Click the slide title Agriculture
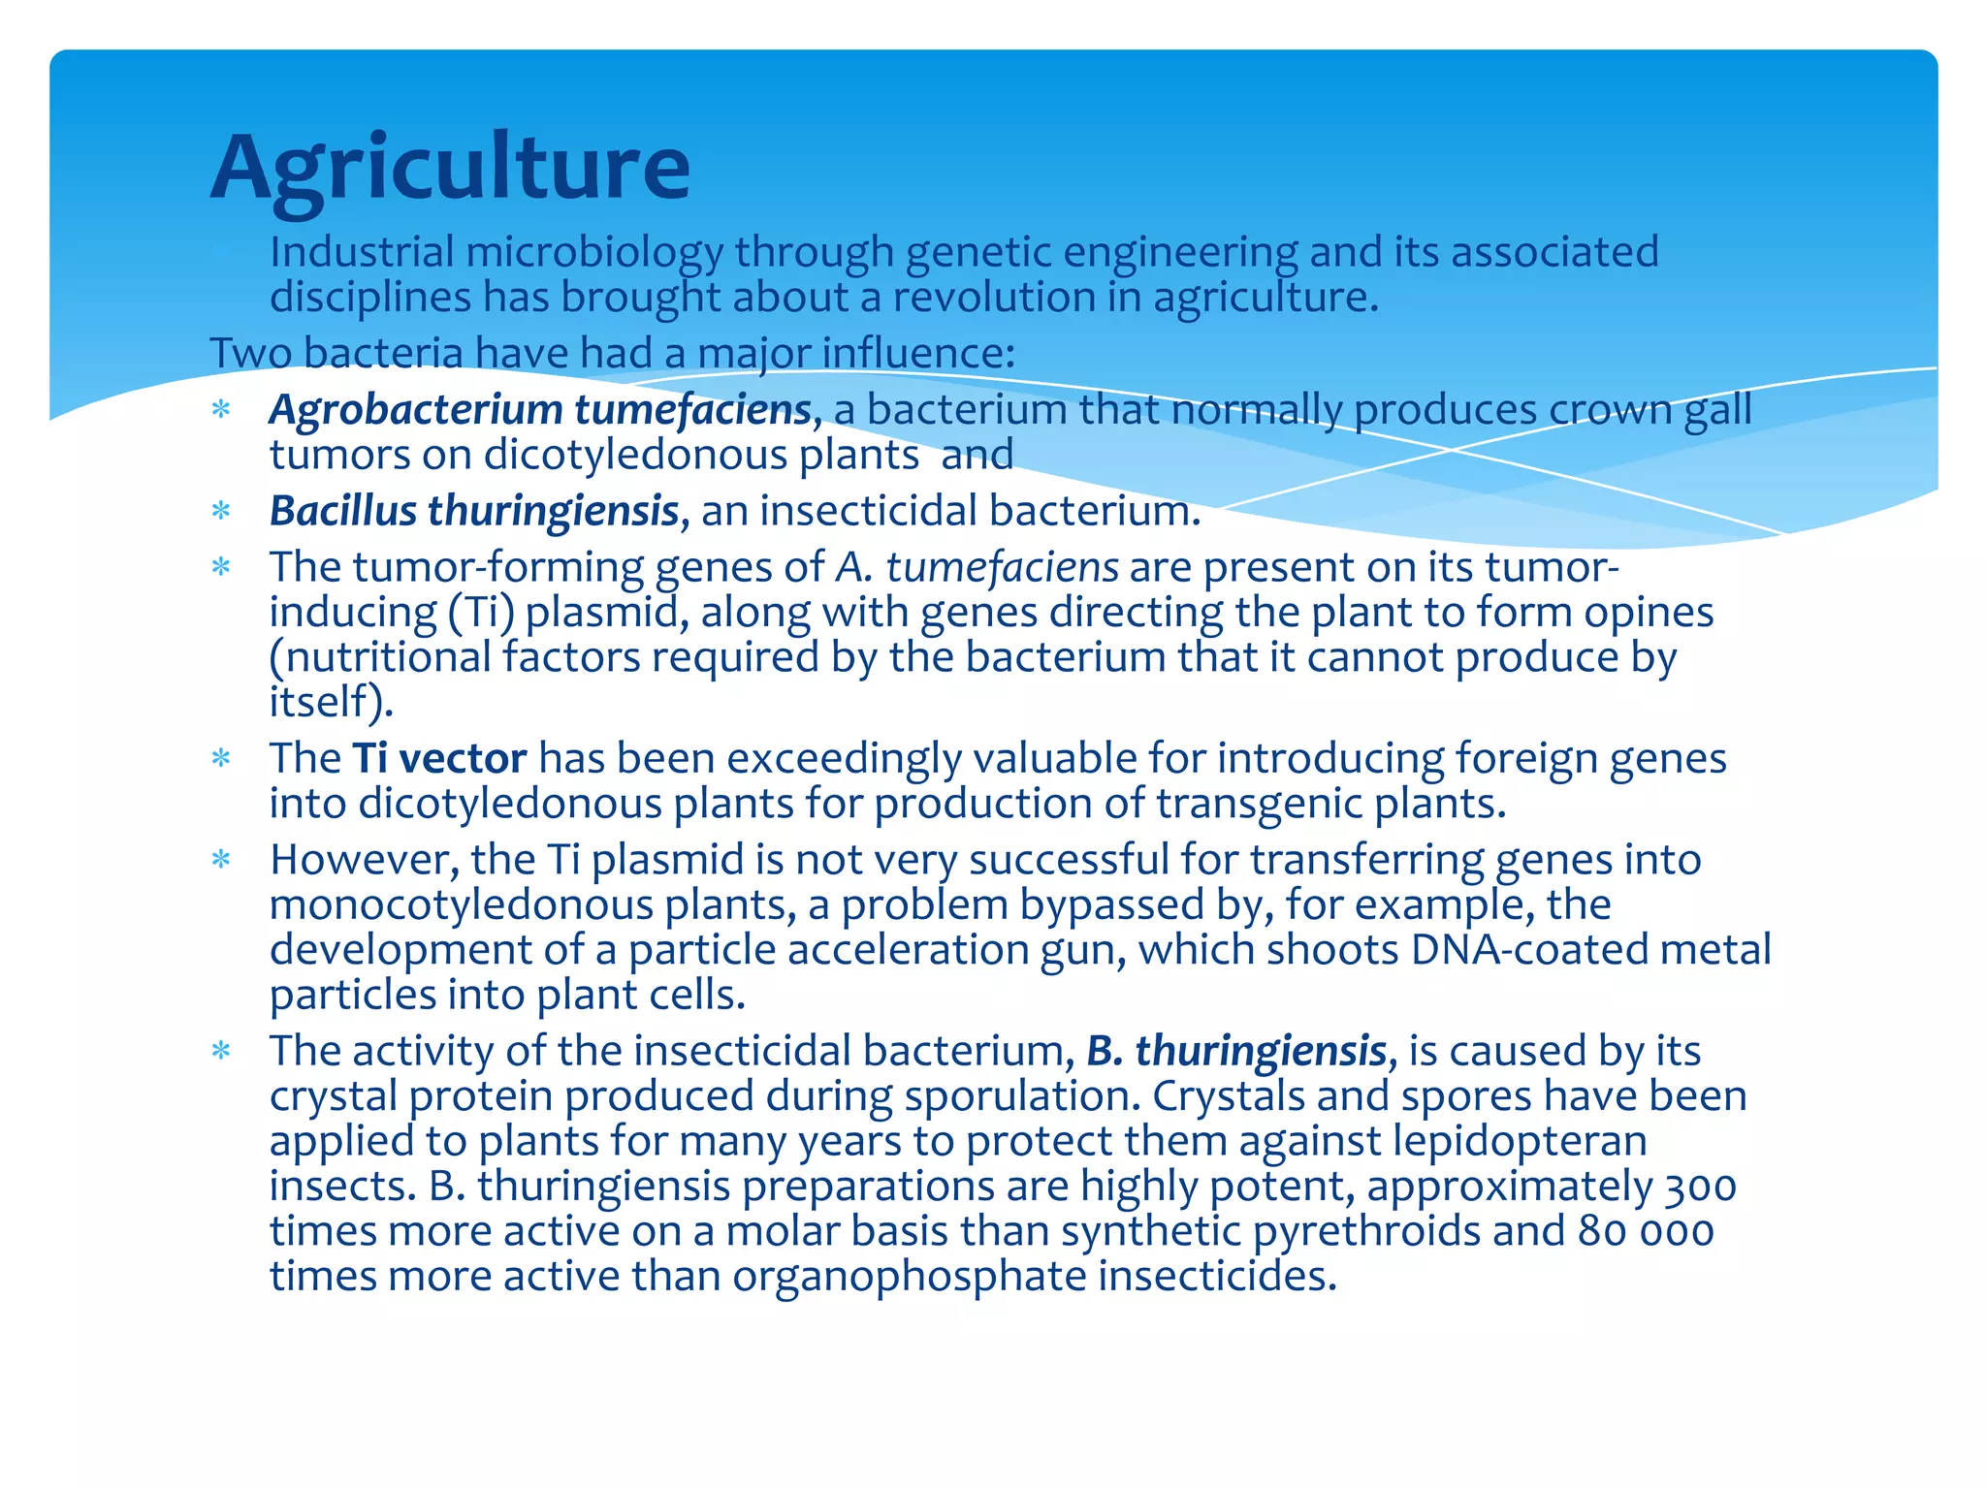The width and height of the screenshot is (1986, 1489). [x=450, y=167]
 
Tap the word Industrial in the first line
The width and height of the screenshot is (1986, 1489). [x=362, y=252]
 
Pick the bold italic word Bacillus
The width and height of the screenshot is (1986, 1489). [x=342, y=511]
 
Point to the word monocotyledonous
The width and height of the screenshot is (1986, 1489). [x=461, y=905]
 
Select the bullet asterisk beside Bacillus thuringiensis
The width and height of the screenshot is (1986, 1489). [x=222, y=511]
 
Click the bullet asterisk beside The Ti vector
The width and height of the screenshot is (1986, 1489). [x=222, y=758]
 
